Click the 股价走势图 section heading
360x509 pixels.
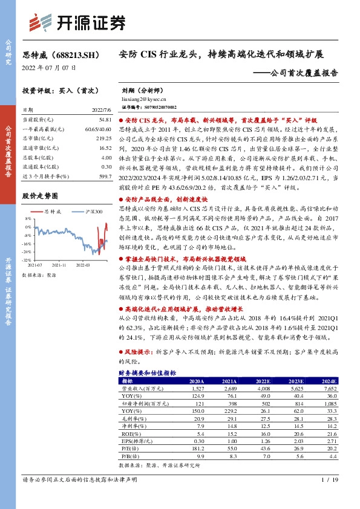(x=40, y=196)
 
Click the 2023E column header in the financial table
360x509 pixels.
(x=296, y=381)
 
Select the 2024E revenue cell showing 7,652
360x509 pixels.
(x=328, y=389)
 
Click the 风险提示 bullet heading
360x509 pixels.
(x=139, y=350)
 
